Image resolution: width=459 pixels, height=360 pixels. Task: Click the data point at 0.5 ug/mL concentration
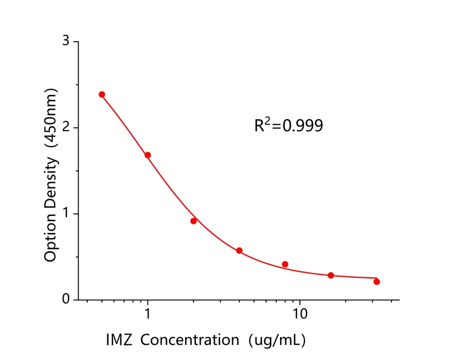click(x=102, y=94)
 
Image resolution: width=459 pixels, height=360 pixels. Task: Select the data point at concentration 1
click(x=147, y=155)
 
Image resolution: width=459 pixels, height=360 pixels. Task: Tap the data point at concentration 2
click(x=193, y=221)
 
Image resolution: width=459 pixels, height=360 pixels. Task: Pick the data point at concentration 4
click(x=239, y=250)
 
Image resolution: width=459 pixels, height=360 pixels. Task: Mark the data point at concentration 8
click(x=285, y=264)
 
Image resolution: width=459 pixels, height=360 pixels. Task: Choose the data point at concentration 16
click(x=331, y=276)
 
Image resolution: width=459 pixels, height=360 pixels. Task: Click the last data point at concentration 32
click(x=376, y=282)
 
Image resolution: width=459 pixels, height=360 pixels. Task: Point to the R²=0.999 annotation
click(x=289, y=125)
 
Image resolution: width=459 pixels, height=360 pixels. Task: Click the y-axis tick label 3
click(x=66, y=42)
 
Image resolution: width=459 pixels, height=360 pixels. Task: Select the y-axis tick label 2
click(x=66, y=128)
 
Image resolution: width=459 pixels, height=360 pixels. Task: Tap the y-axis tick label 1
click(x=66, y=214)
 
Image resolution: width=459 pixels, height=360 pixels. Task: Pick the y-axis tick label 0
click(x=66, y=300)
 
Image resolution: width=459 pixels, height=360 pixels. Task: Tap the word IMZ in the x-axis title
click(x=119, y=340)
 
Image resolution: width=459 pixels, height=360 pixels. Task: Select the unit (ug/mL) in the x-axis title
click(x=277, y=340)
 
